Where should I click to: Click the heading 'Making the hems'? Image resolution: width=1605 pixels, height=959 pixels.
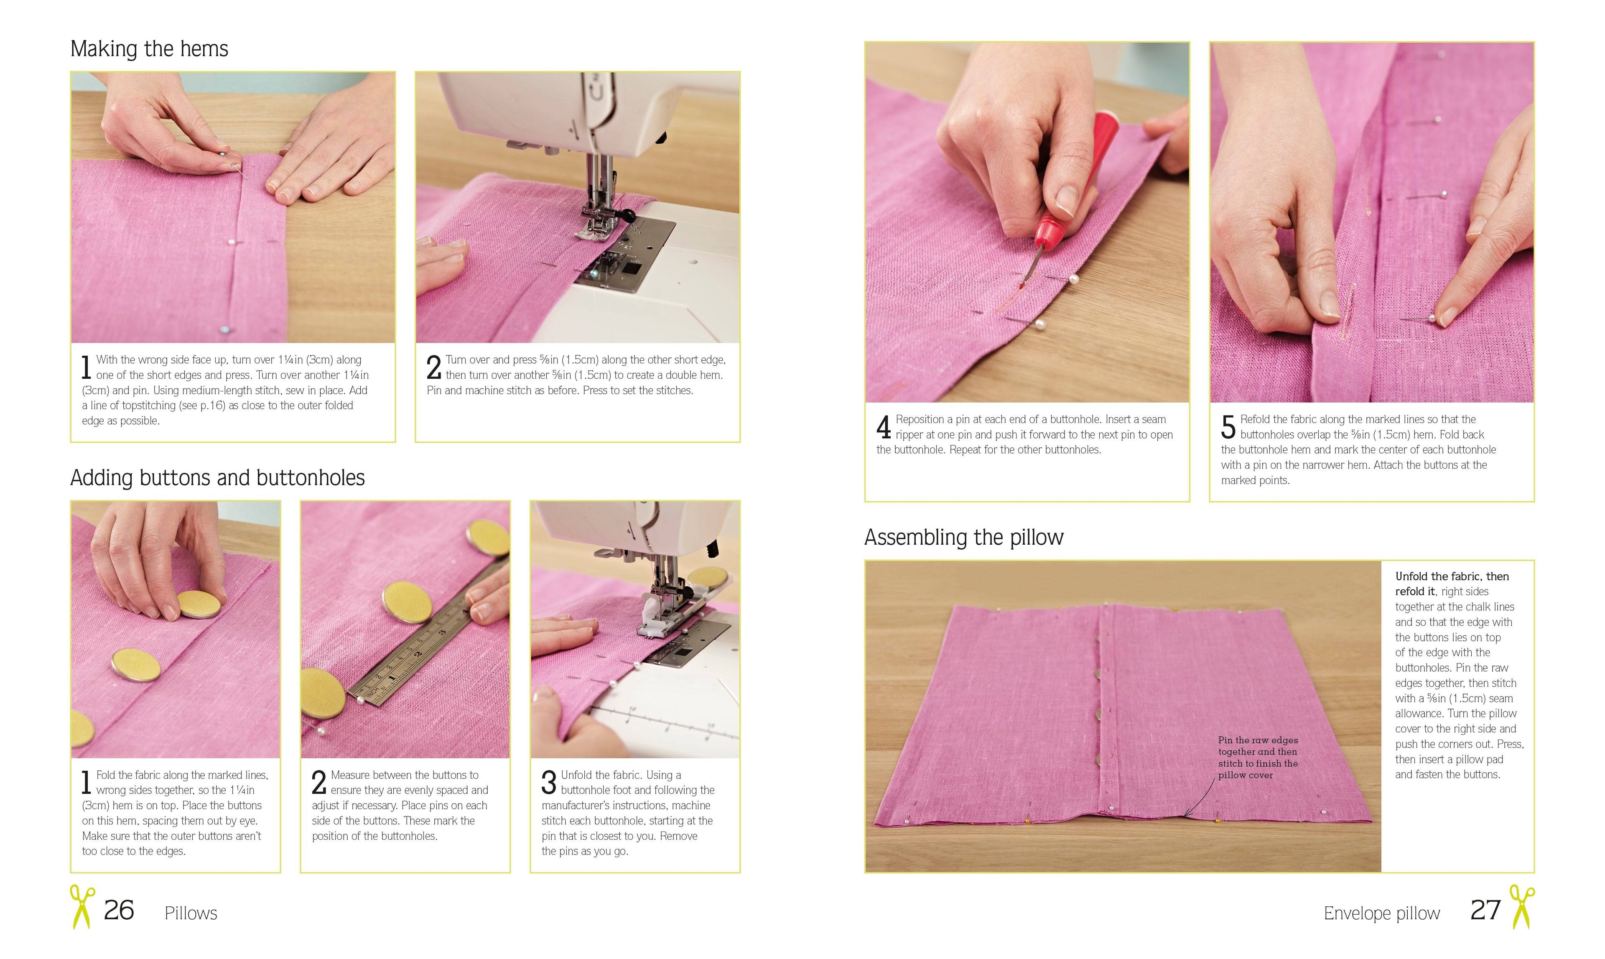tap(149, 49)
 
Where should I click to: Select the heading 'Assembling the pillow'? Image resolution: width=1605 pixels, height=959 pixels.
tap(963, 537)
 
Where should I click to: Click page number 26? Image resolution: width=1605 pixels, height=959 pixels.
tap(119, 910)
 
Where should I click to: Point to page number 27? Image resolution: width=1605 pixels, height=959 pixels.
tap(1485, 910)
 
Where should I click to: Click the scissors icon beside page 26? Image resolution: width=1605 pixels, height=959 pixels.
tap(82, 907)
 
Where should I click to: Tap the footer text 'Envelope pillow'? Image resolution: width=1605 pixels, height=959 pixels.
tap(1381, 913)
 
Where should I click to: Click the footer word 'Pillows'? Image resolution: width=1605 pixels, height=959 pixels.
tap(191, 913)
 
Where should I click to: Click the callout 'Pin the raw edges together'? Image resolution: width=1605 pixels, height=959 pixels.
tap(1257, 758)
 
